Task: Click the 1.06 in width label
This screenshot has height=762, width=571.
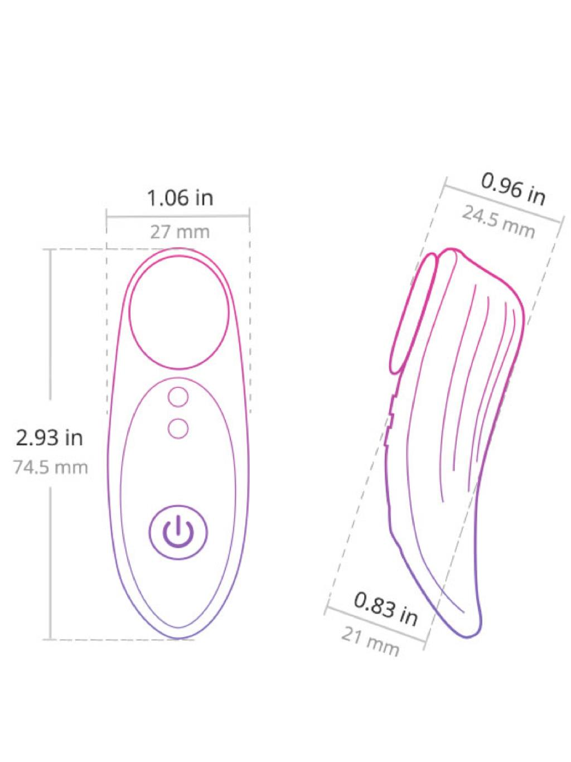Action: point(180,198)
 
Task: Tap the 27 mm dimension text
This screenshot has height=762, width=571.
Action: point(180,232)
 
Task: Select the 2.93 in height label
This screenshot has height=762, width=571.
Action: point(50,438)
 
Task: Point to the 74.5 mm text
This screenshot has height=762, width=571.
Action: point(51,467)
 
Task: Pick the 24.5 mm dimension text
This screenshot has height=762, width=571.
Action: point(498,222)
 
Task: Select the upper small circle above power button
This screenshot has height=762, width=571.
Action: point(178,397)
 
